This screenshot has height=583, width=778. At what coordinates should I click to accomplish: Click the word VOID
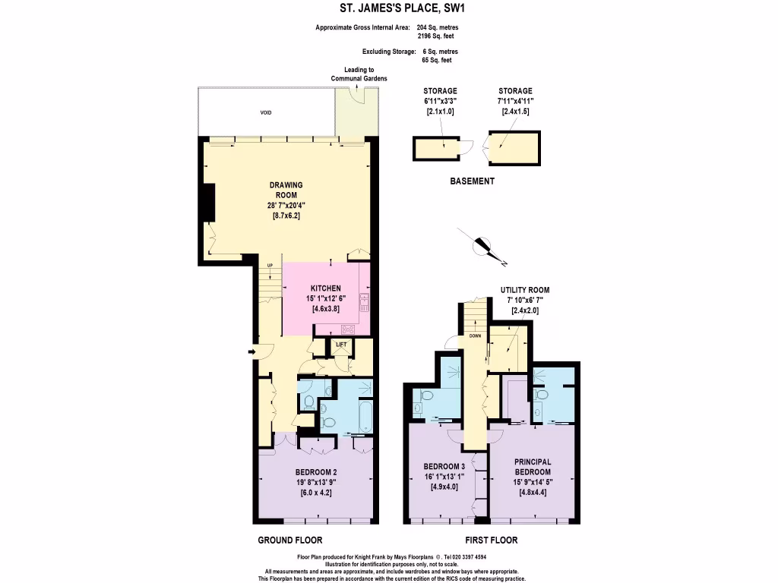tap(266, 112)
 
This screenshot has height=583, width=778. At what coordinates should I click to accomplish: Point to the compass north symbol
tap(482, 245)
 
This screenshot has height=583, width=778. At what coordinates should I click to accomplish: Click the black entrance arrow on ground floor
tap(252, 352)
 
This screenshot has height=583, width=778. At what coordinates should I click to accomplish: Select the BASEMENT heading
tap(472, 181)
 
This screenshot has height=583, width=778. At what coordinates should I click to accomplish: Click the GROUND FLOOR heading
tap(289, 540)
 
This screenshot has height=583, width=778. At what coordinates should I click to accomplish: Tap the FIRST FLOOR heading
tap(492, 540)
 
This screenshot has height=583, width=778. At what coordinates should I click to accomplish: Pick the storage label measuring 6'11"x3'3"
tap(440, 101)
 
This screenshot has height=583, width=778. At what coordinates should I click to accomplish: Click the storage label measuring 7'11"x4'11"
tap(516, 101)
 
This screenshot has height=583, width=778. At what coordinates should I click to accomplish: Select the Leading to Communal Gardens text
tap(359, 74)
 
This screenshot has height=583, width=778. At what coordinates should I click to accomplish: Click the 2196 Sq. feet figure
tap(435, 36)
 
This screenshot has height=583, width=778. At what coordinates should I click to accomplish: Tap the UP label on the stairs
tap(270, 265)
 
